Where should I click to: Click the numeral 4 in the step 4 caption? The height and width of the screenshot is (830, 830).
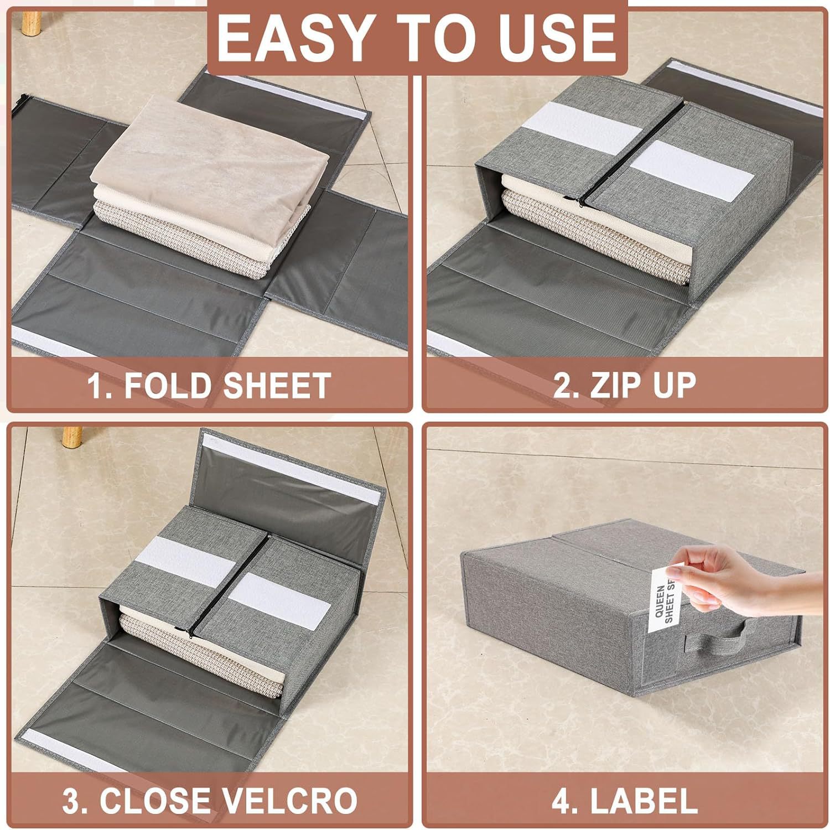pos(561,801)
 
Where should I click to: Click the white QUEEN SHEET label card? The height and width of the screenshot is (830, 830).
pos(664,600)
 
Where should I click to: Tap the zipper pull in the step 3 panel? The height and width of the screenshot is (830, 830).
pos(187,629)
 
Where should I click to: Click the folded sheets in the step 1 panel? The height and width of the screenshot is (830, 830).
pos(211,183)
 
